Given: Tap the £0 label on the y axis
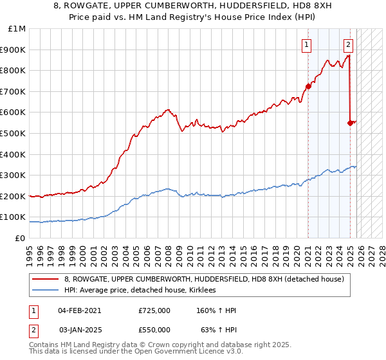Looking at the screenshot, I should pos(21,238).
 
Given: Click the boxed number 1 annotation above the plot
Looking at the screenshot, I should pos(308,45).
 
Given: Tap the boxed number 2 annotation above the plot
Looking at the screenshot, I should pos(348,45).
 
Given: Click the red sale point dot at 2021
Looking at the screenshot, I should pos(308,86).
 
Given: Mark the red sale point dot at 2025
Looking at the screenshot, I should pos(350,123).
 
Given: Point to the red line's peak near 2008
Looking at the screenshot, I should pos(167,110).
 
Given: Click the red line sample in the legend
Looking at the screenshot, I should pos(45,279).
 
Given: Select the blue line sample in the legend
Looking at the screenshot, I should pos(45,291).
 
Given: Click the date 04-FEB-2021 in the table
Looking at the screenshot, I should pos(79,310).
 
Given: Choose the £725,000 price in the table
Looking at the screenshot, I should pos(154,310).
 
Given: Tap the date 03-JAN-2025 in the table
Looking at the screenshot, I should pos(79,330).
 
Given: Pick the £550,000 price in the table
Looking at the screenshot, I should pos(154,330).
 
